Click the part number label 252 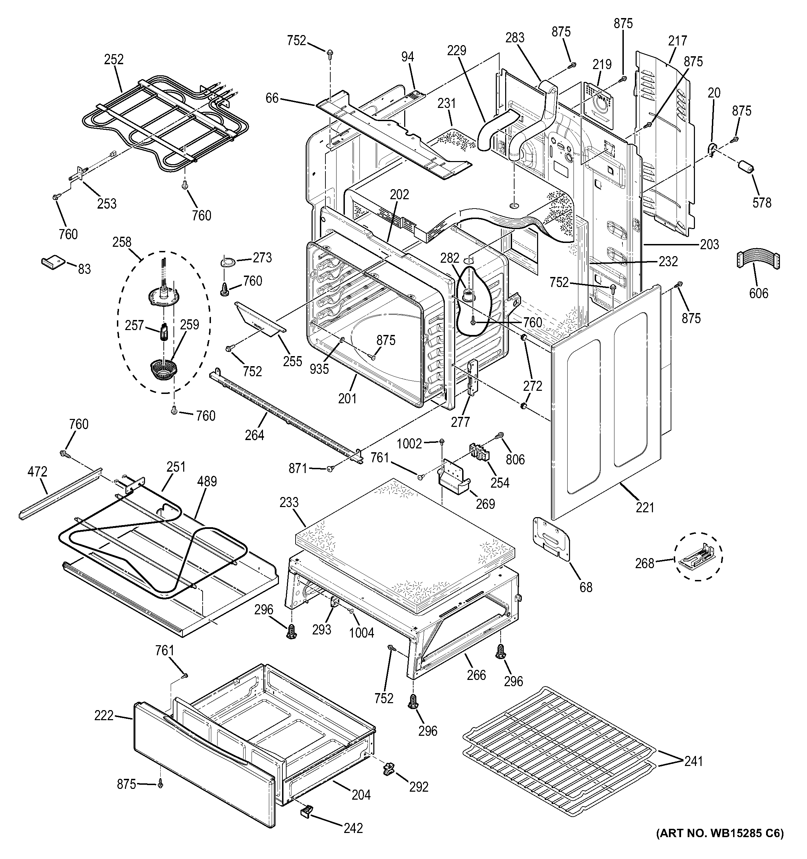pos(113,59)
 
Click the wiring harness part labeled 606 pos(757,261)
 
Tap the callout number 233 pos(289,503)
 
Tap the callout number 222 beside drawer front pos(104,716)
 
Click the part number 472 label pos(37,472)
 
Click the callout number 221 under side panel pos(645,507)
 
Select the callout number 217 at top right pos(677,41)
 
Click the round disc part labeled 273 pos(229,261)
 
